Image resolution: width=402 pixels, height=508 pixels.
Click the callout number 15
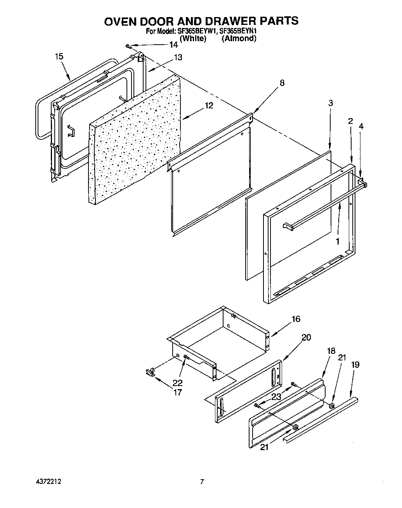pyautogui.click(x=59, y=57)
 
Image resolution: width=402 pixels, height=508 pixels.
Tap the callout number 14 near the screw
pyautogui.click(x=173, y=45)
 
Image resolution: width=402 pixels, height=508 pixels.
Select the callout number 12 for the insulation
pyautogui.click(x=209, y=105)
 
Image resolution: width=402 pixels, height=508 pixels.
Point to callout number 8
pyautogui.click(x=282, y=83)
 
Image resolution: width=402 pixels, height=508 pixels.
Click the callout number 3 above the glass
pyautogui.click(x=330, y=103)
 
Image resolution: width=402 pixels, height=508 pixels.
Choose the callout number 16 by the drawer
pyautogui.click(x=296, y=319)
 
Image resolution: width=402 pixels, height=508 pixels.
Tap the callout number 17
pyautogui.click(x=177, y=392)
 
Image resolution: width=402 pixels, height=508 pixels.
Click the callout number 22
pyautogui.click(x=177, y=383)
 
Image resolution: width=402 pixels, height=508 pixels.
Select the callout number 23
pyautogui.click(x=276, y=397)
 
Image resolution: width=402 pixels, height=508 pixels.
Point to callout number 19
pyautogui.click(x=355, y=365)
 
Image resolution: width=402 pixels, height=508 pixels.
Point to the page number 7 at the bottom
pyautogui.click(x=202, y=482)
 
